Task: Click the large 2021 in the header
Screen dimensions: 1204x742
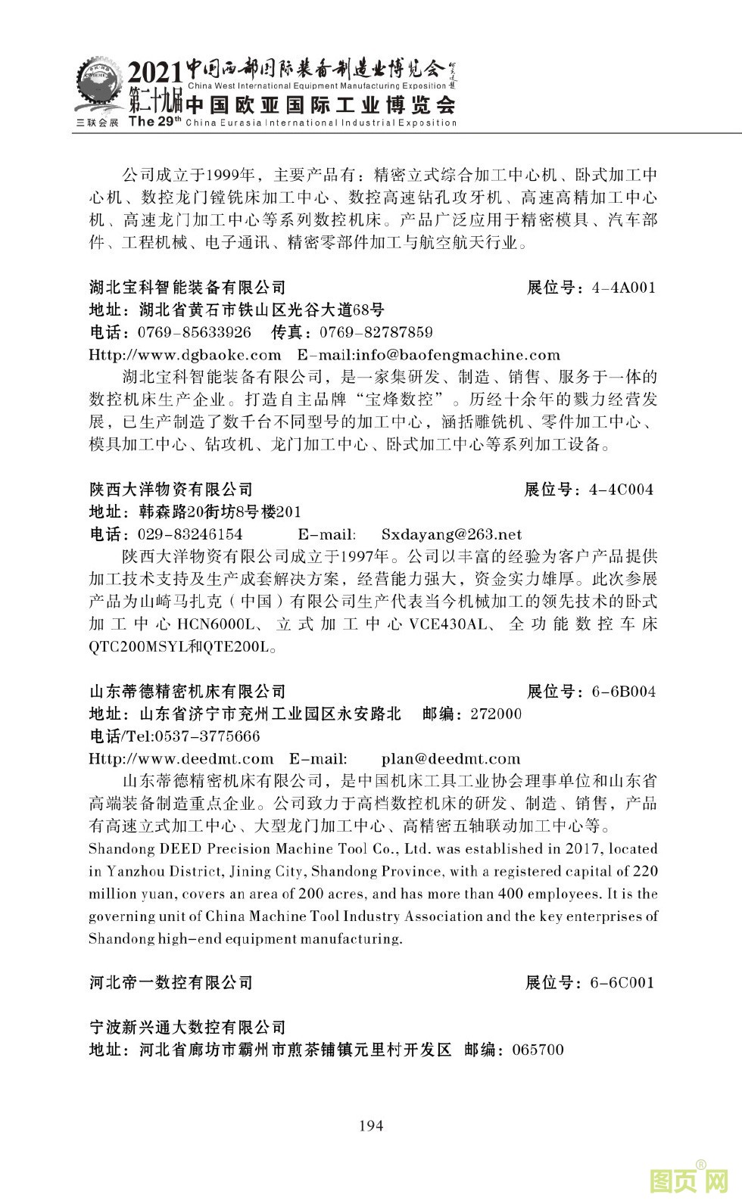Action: click(x=154, y=74)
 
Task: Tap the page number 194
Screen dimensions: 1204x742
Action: click(x=371, y=1125)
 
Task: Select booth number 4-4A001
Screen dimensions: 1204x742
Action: click(x=623, y=288)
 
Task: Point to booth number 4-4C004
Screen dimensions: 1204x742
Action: click(x=621, y=490)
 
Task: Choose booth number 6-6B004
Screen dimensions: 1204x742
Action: click(x=623, y=692)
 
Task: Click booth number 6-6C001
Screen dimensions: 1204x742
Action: click(x=622, y=983)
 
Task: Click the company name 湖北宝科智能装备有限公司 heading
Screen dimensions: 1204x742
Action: click(x=188, y=288)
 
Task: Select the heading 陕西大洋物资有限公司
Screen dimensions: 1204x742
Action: click(x=171, y=490)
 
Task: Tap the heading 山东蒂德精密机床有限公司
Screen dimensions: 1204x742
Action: click(x=188, y=692)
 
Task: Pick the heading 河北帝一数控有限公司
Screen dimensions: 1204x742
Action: click(x=171, y=983)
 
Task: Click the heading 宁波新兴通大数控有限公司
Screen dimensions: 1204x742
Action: click(x=188, y=1028)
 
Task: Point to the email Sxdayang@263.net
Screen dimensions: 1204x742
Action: click(x=451, y=535)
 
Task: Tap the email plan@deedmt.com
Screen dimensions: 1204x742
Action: click(x=450, y=759)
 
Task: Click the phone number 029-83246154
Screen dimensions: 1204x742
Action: click(x=190, y=535)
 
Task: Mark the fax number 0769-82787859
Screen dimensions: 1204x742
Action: click(x=376, y=332)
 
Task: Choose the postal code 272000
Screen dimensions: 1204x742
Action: click(x=496, y=714)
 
